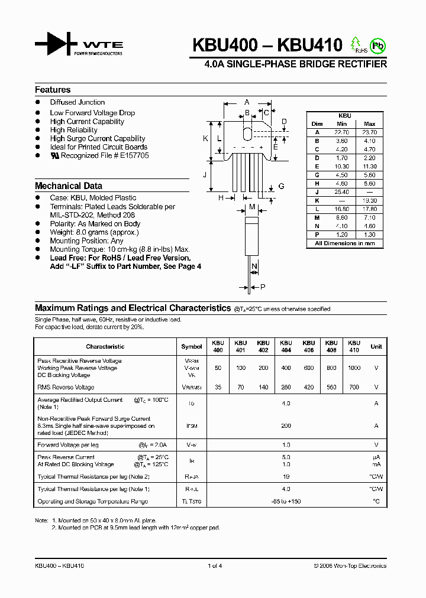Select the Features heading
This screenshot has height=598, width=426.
[53, 90]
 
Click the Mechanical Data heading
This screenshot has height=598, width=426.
[68, 186]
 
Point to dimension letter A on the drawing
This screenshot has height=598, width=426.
[247, 102]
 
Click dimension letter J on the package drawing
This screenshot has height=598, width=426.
[205, 174]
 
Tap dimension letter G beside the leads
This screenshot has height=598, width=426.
[281, 186]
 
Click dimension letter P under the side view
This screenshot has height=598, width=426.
[263, 287]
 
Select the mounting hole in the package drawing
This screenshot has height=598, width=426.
[247, 131]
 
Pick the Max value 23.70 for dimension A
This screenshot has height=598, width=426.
[369, 132]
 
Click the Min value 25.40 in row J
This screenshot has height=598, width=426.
[341, 192]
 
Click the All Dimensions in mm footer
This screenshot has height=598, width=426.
[345, 243]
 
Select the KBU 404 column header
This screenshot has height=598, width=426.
[286, 346]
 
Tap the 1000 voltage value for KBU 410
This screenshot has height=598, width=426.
[354, 368]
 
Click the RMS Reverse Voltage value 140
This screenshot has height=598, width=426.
[263, 388]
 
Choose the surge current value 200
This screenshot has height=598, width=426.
[286, 425]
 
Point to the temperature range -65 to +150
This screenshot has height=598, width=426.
[286, 501]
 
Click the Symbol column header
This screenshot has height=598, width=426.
[191, 347]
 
